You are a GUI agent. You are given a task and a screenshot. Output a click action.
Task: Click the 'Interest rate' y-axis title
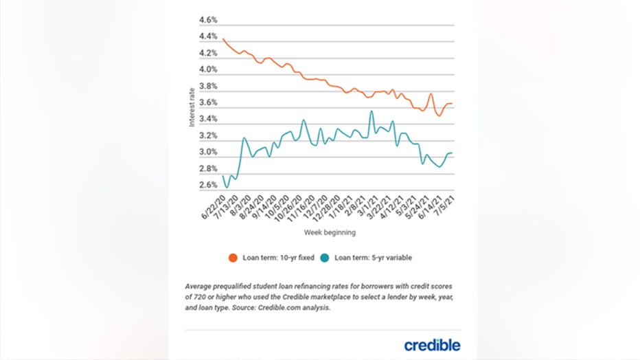point(192,110)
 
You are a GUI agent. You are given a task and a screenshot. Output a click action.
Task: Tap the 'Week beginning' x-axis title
point(330,233)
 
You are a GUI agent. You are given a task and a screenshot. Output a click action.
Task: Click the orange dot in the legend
point(233,258)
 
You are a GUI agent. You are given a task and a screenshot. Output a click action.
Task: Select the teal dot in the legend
point(325,258)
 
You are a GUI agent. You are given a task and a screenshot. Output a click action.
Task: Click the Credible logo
point(432,345)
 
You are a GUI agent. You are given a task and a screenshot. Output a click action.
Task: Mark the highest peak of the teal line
point(372,111)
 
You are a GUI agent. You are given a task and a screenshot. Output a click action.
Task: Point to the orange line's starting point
point(224,38)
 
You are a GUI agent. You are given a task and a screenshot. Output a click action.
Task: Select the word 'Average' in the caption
point(201,286)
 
